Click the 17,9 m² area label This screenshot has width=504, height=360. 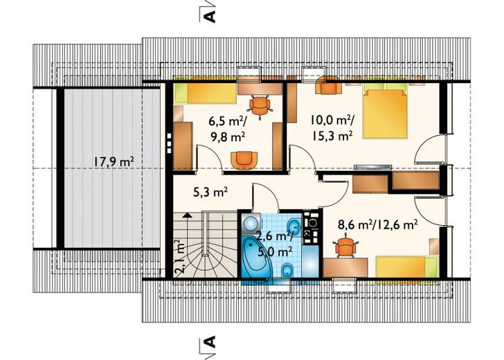click(114, 162)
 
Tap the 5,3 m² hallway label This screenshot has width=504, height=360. click(210, 192)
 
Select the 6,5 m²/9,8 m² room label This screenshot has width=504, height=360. click(228, 129)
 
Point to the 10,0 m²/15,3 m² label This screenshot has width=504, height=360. click(332, 128)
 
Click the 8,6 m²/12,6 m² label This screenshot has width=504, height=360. click(378, 224)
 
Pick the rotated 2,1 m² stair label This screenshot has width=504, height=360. click(180, 256)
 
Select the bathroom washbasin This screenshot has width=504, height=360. click(294, 226)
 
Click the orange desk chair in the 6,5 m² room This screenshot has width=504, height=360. click(260, 105)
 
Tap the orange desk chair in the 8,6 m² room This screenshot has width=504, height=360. click(346, 247)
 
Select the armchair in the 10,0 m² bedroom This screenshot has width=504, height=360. click(328, 86)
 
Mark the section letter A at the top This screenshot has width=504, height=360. click(209, 17)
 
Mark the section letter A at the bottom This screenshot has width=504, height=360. click(209, 342)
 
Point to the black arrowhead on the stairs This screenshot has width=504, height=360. click(187, 215)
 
